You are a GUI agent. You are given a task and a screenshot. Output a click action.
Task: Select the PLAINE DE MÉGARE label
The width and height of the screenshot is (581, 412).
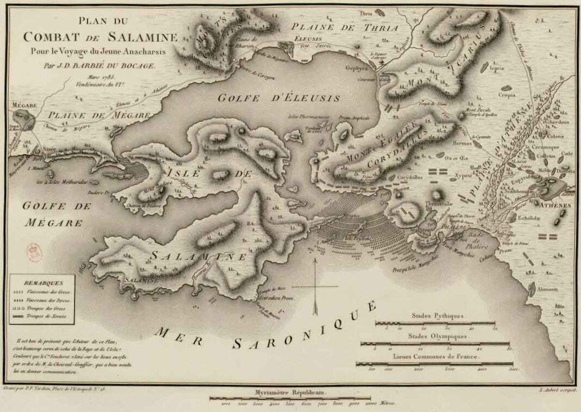(x=98, y=115)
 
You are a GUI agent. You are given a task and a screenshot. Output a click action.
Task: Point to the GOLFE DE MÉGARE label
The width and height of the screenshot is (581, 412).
(x=53, y=214)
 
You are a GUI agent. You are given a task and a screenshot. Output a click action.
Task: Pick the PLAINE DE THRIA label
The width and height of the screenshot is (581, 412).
(x=344, y=27)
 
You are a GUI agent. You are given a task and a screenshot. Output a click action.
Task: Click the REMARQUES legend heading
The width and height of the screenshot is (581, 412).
(x=43, y=283)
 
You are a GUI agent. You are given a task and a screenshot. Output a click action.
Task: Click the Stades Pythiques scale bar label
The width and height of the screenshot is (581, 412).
(x=437, y=315)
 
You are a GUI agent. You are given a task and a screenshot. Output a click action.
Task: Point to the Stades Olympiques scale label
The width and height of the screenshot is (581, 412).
(x=437, y=336)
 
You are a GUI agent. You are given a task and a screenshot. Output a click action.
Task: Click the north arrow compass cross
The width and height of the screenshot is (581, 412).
(x=315, y=286)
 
